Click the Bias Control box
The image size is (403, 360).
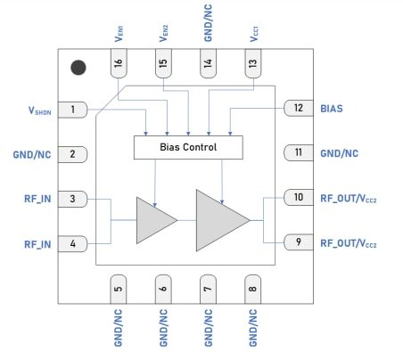click(x=187, y=146)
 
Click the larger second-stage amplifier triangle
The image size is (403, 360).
click(x=219, y=219)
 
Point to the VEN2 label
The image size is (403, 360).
click(x=164, y=31)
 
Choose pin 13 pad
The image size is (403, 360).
click(x=253, y=64)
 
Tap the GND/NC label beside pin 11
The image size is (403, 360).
click(x=341, y=153)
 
